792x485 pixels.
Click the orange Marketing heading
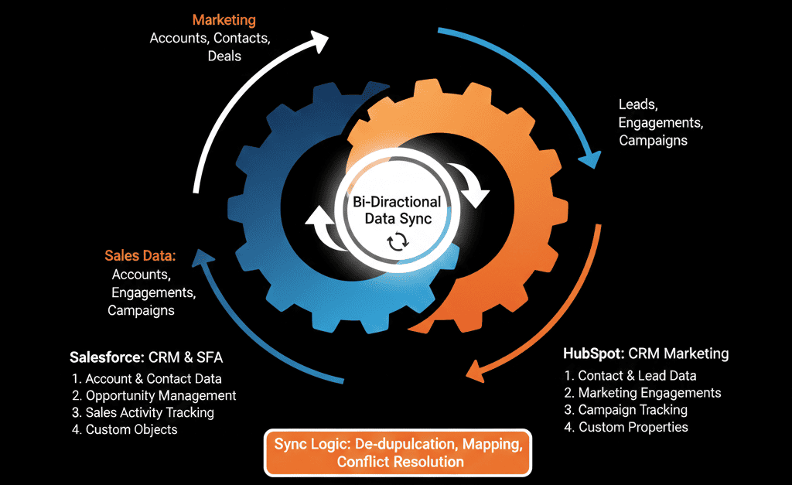224,19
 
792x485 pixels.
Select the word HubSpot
593,354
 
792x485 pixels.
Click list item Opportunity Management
153,395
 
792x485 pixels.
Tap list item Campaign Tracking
625,410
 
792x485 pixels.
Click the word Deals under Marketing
224,56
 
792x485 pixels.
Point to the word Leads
637,104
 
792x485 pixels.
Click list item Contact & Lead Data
630,376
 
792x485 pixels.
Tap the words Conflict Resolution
400,462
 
